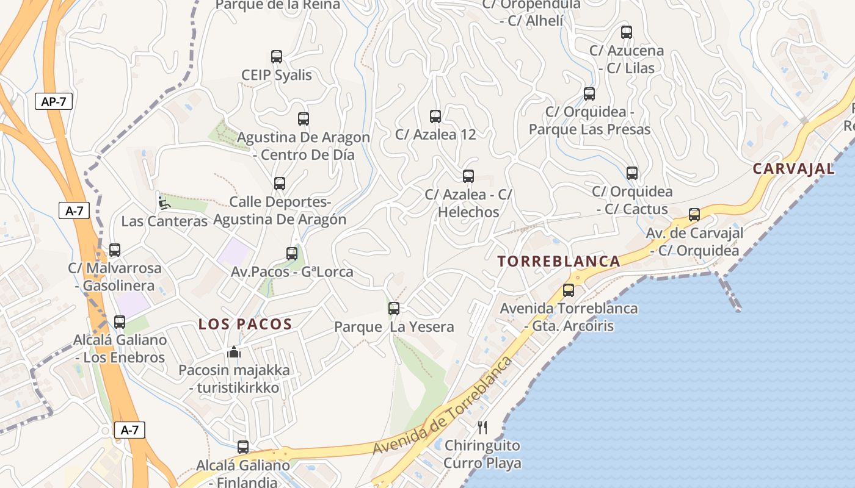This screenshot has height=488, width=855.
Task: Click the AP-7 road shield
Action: pyautogui.click(x=53, y=102)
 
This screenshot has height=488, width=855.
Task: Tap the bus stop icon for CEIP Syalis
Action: pyautogui.click(x=277, y=57)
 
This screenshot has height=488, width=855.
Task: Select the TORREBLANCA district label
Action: pyautogui.click(x=559, y=262)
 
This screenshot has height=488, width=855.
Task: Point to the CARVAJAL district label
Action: pyautogui.click(x=793, y=169)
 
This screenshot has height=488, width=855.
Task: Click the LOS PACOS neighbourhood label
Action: pyautogui.click(x=245, y=325)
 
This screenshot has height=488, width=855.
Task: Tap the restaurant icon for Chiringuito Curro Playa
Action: pyautogui.click(x=482, y=427)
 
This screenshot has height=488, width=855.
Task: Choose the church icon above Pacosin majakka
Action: pyautogui.click(x=234, y=352)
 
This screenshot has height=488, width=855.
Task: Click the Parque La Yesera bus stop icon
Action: pyautogui.click(x=394, y=309)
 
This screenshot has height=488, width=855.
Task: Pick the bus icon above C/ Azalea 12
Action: pyautogui.click(x=435, y=116)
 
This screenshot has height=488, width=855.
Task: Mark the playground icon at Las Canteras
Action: pyautogui.click(x=163, y=203)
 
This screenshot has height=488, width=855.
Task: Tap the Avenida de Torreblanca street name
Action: pyautogui.click(x=443, y=406)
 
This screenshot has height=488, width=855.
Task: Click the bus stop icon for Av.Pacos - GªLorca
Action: pyautogui.click(x=292, y=254)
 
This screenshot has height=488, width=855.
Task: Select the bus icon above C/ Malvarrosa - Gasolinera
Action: pyautogui.click(x=115, y=249)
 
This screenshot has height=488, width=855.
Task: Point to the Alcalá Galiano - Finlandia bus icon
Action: pyautogui.click(x=243, y=447)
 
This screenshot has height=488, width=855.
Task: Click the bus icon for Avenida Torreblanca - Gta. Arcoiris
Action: pyautogui.click(x=569, y=290)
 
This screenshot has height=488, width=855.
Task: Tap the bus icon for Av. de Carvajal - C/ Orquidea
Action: pyautogui.click(x=694, y=215)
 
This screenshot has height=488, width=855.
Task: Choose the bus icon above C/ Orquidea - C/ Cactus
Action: pyautogui.click(x=632, y=173)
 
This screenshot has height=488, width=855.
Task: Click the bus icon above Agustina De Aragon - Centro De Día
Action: pyautogui.click(x=304, y=119)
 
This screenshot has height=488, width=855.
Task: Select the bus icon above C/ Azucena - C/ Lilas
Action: pyautogui.click(x=627, y=32)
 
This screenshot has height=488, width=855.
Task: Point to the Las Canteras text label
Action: pyautogui.click(x=164, y=221)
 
